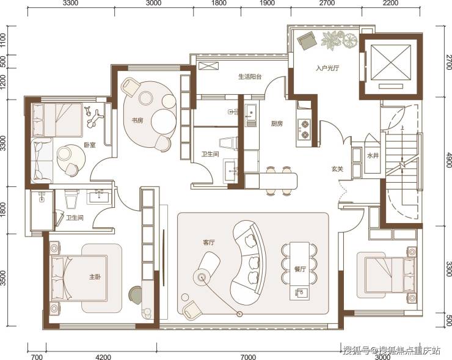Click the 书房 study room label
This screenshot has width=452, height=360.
click(137, 120)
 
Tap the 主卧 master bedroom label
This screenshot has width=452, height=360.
click(95, 277)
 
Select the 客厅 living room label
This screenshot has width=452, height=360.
click(209, 243)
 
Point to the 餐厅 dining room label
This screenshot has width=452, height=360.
click(300, 269)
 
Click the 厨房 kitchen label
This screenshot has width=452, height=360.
click(277, 123)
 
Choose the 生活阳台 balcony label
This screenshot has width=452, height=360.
click(250, 77)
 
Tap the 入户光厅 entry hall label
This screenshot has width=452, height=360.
click(327, 68)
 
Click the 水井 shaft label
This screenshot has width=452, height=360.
click(373, 156)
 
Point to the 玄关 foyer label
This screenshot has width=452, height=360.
click(337, 169)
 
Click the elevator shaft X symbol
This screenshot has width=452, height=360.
click(390, 62)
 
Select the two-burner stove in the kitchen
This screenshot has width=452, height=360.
click(305, 129)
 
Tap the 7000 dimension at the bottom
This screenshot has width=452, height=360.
click(248, 357)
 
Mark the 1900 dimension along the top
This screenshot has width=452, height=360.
click(267, 3)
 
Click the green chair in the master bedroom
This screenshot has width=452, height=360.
click(136, 295)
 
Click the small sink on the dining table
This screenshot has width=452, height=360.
click(300, 293)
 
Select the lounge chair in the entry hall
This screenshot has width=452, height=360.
click(308, 41)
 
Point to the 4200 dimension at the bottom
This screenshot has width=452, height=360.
click(103, 357)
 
